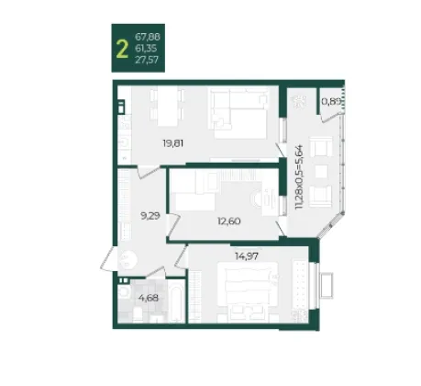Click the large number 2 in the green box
coord(122,50)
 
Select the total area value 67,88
coord(148,37)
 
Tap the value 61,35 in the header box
coord(146,49)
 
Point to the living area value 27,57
coord(147,60)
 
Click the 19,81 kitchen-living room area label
coord(173,143)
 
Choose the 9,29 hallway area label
coord(150,216)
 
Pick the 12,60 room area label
coord(229,221)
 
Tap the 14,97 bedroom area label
coord(247,255)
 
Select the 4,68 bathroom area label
coord(149,298)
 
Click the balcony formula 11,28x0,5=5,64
coord(299,176)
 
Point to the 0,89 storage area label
coord(331,101)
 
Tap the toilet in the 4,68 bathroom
coord(138,315)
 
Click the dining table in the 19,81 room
coord(167,106)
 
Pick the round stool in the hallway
coord(127,259)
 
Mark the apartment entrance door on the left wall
coord(108,259)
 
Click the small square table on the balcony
coord(321,172)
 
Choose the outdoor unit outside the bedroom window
coord(327,285)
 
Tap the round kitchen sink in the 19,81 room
coord(125,142)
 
